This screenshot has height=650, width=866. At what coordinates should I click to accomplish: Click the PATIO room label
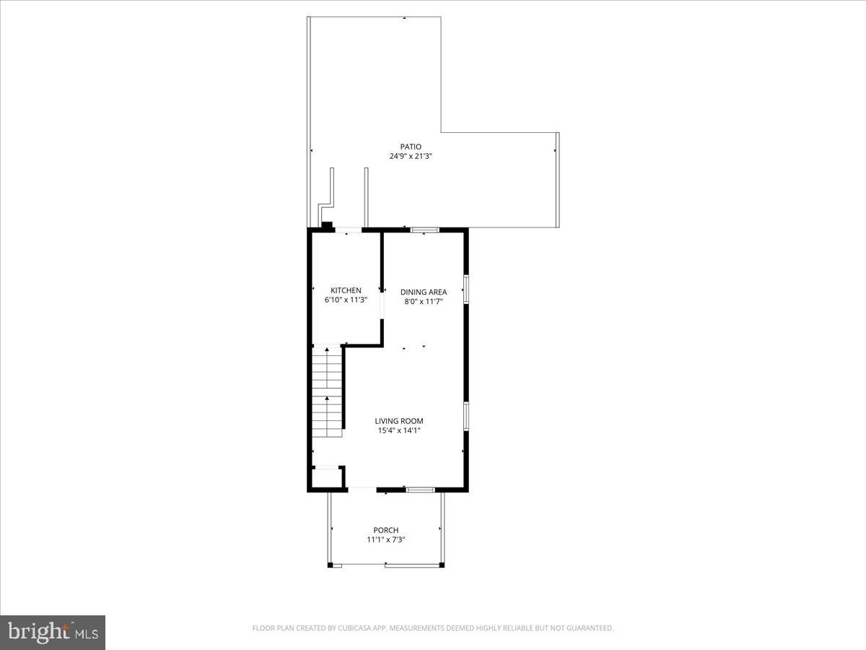[411, 147]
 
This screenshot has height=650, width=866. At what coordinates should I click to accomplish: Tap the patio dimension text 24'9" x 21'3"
[411, 156]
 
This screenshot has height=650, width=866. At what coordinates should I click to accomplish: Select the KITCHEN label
[346, 290]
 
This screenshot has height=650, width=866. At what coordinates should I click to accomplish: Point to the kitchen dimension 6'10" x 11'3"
[346, 300]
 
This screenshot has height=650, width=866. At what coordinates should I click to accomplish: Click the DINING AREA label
[424, 292]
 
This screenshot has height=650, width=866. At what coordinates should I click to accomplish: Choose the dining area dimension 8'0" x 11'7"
[424, 301]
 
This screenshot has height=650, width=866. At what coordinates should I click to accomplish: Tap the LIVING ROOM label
[398, 421]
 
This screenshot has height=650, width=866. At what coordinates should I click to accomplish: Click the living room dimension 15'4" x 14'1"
[398, 430]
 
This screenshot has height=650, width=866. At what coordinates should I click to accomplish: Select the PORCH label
[385, 530]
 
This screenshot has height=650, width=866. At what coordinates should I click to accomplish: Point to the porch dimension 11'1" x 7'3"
[385, 539]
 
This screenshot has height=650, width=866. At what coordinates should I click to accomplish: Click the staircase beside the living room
[327, 391]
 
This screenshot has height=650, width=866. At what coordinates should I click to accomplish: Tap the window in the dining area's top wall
[425, 230]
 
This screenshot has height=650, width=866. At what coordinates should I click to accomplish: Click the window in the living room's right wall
[466, 416]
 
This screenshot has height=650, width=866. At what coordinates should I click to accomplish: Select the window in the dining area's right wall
[466, 289]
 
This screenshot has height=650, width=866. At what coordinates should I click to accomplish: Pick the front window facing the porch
[420, 490]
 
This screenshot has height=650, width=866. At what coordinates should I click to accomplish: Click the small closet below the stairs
[326, 478]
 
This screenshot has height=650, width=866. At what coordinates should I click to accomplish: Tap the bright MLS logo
[53, 633]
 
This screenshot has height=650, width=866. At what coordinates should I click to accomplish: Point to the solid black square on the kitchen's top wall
[327, 226]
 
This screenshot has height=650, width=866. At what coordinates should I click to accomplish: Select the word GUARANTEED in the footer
[590, 628]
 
